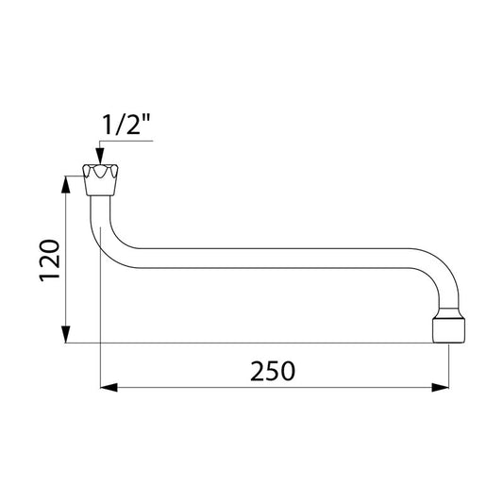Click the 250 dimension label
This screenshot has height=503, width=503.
273,371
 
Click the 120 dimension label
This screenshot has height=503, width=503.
49,260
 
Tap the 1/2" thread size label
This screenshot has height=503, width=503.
126,125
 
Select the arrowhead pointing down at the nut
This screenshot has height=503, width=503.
100,156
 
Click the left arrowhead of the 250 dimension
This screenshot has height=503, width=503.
109,388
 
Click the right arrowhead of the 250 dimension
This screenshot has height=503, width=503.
440,388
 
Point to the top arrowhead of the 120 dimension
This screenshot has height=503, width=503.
66,184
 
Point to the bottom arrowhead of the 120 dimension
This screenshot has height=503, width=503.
66,334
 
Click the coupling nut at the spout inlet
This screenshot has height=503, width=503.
100,180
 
